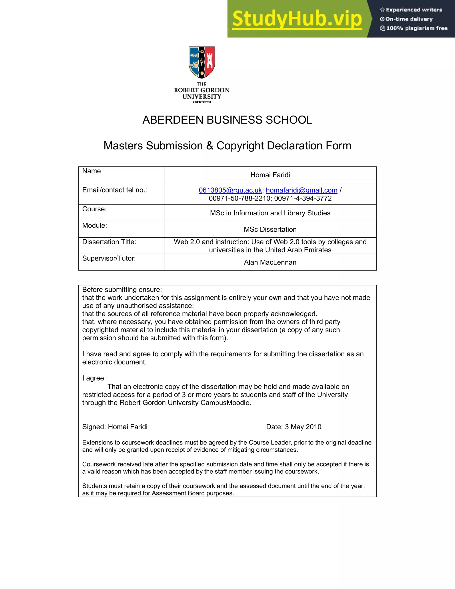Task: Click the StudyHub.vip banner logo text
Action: (297, 19)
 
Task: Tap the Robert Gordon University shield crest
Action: (202, 62)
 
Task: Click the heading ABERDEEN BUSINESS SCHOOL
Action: (227, 120)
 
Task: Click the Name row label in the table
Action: (92, 171)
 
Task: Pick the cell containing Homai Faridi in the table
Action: (270, 175)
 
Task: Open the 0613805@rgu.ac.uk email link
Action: (230, 190)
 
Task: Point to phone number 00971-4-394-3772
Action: (303, 198)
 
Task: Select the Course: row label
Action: (94, 209)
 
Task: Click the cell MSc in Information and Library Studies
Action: (270, 213)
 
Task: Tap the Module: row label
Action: (95, 225)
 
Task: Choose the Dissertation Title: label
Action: (109, 242)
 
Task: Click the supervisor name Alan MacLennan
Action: (270, 262)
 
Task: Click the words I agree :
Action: (95, 378)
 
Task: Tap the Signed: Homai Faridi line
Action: (115, 427)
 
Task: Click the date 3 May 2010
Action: (303, 427)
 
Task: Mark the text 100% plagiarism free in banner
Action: (417, 28)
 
